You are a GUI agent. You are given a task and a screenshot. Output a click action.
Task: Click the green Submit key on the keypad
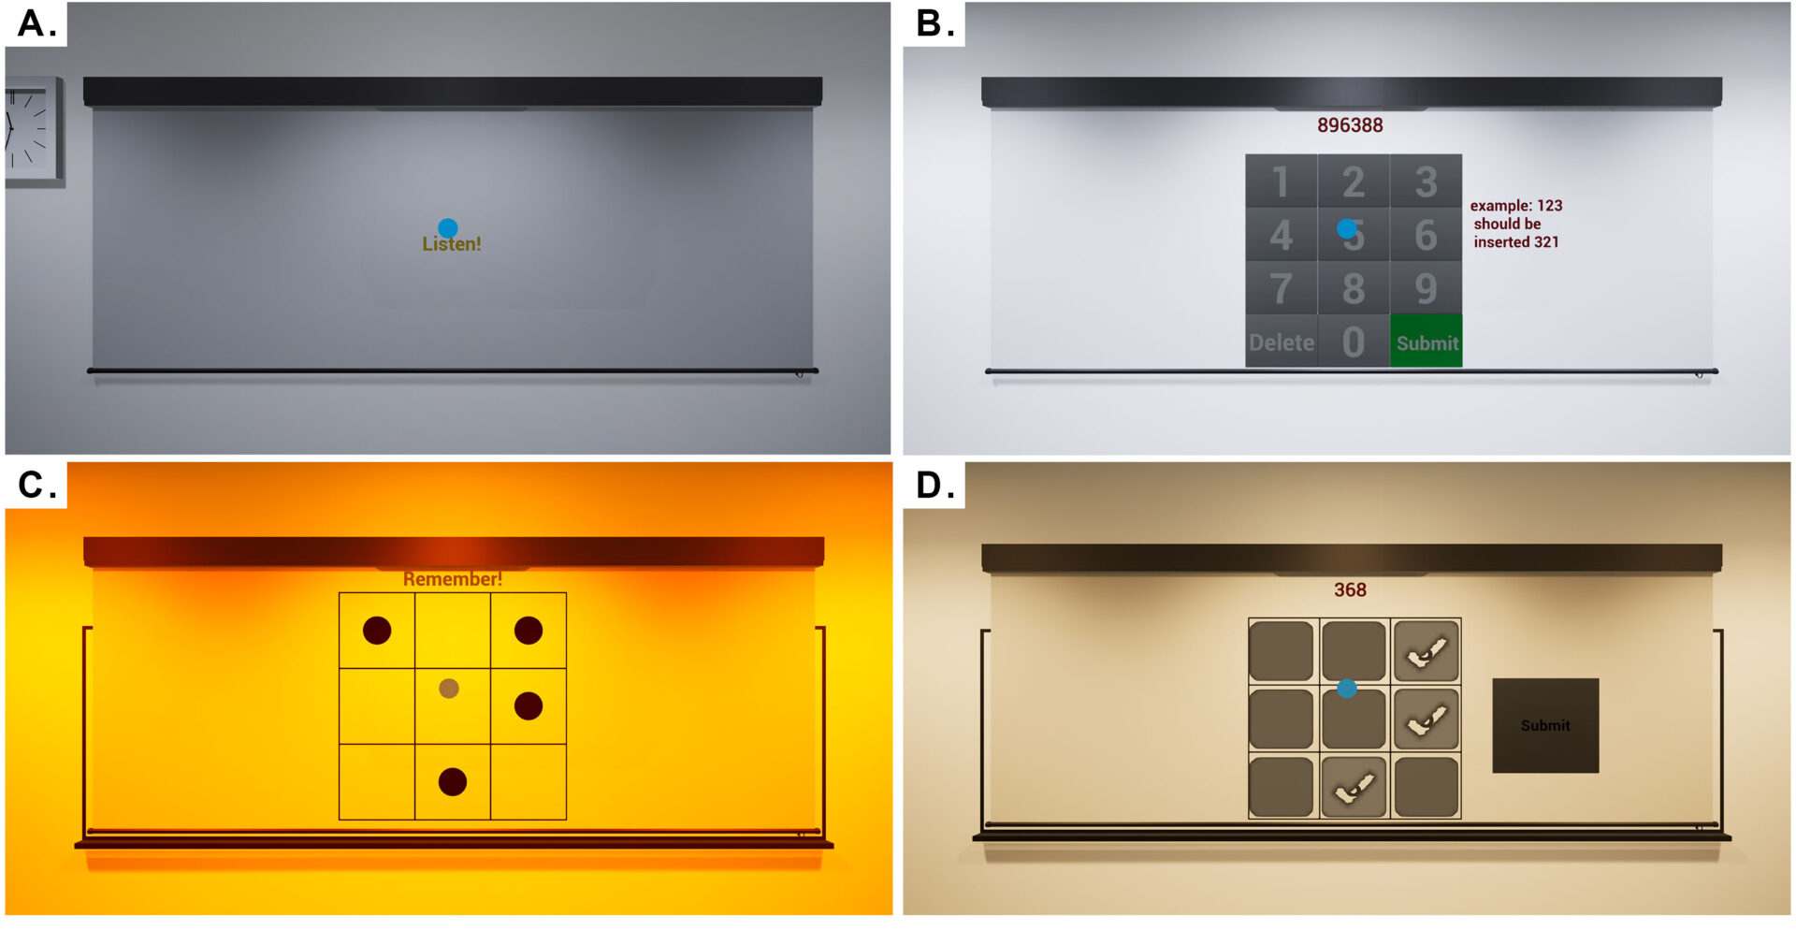(x=1426, y=341)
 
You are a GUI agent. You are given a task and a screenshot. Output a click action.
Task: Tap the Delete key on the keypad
(x=1282, y=341)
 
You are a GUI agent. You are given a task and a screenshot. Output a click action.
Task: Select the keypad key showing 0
(x=1354, y=341)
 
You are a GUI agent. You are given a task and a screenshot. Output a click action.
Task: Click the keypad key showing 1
(x=1282, y=181)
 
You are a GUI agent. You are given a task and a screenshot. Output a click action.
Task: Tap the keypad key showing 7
(x=1282, y=287)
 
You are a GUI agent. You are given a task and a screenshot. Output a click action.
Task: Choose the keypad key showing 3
(x=1426, y=181)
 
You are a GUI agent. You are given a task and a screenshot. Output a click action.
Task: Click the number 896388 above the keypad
(x=1350, y=125)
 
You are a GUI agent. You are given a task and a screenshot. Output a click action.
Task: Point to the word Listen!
(x=452, y=244)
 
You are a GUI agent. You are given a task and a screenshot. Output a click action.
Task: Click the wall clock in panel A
(x=33, y=132)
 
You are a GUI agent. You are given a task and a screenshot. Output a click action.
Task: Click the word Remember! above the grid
(x=453, y=579)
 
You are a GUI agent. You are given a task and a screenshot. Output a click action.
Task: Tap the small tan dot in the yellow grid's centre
(x=449, y=689)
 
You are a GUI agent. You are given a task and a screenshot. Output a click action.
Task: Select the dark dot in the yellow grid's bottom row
(x=453, y=781)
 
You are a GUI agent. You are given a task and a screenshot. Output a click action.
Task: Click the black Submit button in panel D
(x=1545, y=725)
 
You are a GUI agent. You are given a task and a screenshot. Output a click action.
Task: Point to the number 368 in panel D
(x=1350, y=590)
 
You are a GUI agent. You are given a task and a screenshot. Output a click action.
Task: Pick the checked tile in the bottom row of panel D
(x=1354, y=787)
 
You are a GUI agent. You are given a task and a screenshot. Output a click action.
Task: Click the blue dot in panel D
(x=1347, y=689)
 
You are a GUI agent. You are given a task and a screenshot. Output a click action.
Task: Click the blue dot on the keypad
(x=1347, y=228)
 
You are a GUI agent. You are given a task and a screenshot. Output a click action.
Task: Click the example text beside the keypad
(x=1516, y=224)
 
